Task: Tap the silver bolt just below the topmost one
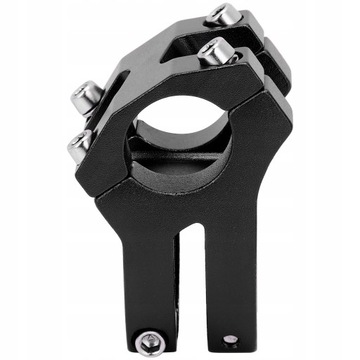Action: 213,50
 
